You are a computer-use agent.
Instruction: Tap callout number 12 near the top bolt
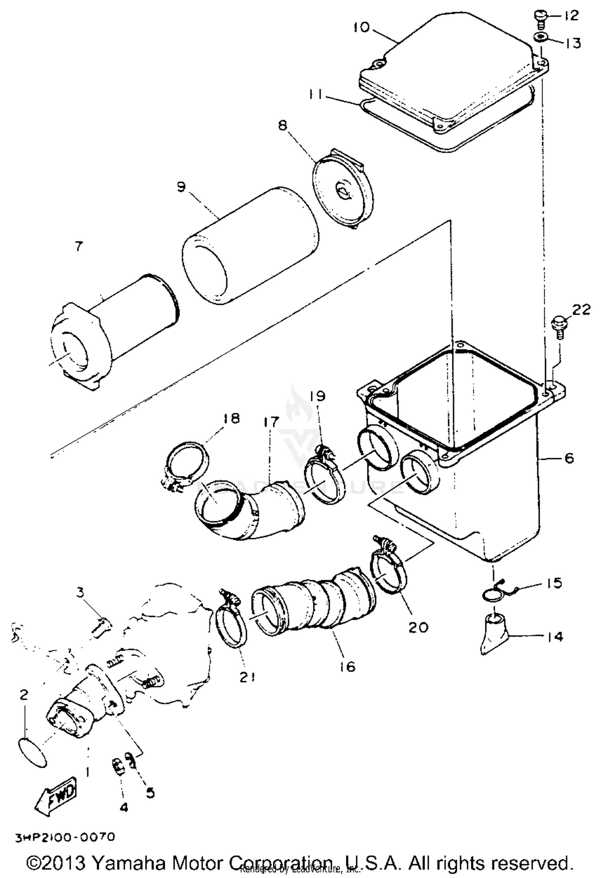[x=571, y=16]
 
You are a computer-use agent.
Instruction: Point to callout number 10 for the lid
[x=362, y=28]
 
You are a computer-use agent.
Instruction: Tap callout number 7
[x=79, y=246]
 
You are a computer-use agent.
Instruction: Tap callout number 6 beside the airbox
[x=569, y=458]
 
